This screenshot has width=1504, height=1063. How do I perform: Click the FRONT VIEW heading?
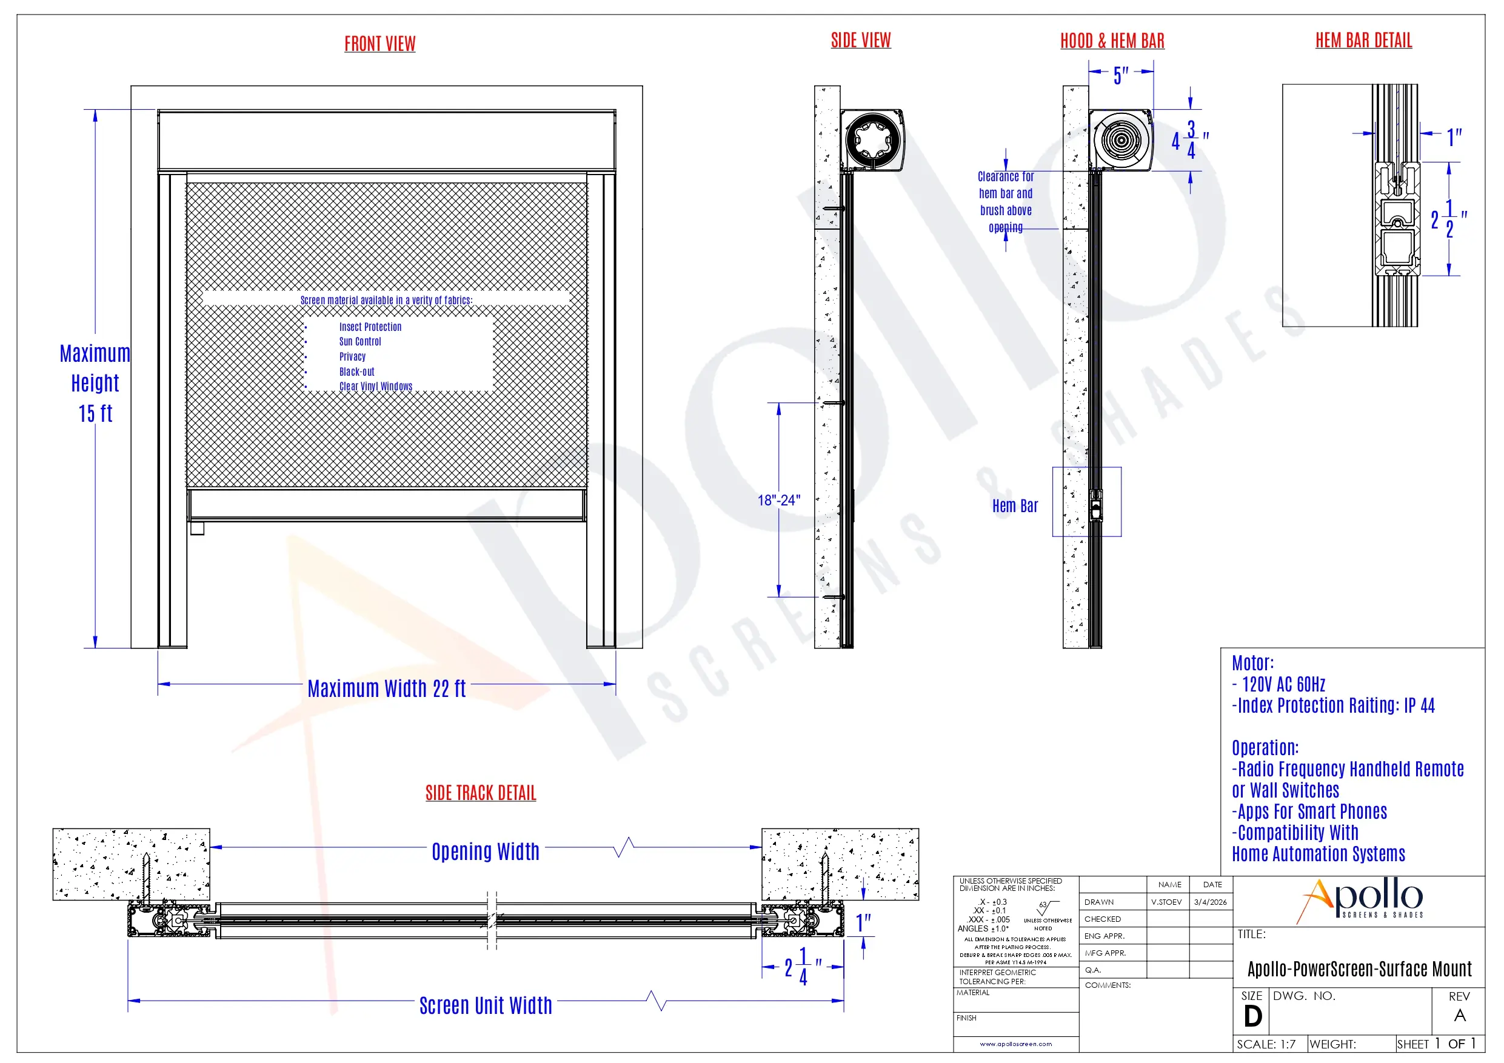tap(380, 44)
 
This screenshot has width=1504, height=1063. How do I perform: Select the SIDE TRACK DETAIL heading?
tap(481, 793)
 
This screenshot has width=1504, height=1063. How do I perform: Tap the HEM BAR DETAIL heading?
tap(1363, 41)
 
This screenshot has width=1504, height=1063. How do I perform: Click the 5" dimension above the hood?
tap(1121, 75)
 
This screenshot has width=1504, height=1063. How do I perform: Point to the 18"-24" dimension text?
tap(779, 501)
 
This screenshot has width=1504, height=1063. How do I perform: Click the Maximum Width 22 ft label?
tap(387, 688)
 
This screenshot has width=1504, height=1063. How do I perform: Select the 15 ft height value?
tap(96, 414)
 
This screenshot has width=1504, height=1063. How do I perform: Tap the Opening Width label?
tap(486, 851)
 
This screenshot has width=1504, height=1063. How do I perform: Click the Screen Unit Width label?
tap(486, 1005)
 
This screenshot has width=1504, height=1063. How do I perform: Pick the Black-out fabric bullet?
tap(356, 372)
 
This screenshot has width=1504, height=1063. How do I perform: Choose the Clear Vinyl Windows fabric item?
tap(375, 387)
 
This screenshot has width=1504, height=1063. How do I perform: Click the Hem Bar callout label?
tap(1015, 505)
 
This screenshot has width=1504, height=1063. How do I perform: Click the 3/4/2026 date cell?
tap(1210, 902)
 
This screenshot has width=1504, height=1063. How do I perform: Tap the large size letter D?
tap(1252, 1016)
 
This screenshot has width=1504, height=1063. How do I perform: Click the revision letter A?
tap(1460, 1016)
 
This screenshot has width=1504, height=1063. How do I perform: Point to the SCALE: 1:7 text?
tap(1266, 1044)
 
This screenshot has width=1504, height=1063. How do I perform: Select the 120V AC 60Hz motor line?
tap(1283, 684)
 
